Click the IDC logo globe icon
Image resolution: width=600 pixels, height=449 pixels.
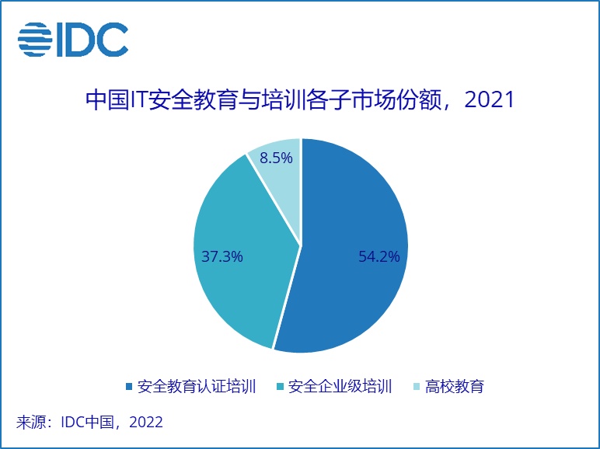[x=35, y=40]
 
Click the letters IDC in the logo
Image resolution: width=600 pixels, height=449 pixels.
[x=92, y=40]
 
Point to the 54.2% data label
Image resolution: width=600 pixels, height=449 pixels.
[x=378, y=256]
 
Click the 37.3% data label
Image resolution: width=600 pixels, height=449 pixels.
[x=222, y=256]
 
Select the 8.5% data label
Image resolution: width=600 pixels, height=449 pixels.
[x=276, y=158]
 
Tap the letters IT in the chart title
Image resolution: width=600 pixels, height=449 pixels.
[x=140, y=99]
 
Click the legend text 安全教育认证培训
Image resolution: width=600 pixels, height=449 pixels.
[x=197, y=387]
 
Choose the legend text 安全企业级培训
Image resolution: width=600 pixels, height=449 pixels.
[x=340, y=387]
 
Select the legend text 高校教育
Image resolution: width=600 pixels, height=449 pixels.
[x=455, y=387]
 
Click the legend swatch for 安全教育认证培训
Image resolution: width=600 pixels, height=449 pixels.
[x=128, y=387]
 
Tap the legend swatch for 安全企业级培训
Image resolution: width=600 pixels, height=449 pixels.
[x=280, y=387]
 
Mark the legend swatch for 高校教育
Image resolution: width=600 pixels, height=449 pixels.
[x=417, y=387]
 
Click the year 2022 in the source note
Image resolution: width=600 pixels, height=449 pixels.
[x=146, y=422]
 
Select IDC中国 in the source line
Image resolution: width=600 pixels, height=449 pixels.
[x=88, y=422]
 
